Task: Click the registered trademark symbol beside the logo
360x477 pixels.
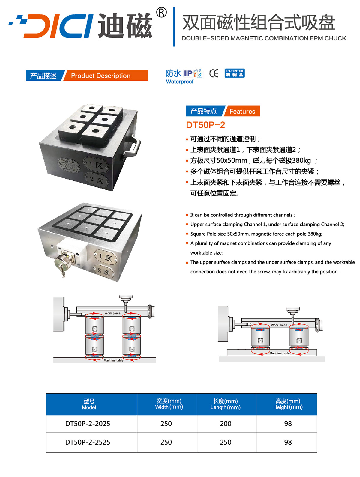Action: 161,13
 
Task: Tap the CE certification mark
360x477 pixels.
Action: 214,73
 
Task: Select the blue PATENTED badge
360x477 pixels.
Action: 235,73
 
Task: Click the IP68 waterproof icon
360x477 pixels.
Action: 193,73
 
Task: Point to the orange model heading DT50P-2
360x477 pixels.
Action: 205,125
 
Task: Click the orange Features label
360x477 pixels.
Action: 242,111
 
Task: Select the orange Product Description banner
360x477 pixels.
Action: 106,76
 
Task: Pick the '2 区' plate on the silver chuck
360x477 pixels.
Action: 104,271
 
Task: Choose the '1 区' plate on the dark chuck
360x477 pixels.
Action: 96,165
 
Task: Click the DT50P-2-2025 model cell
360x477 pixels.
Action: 88,424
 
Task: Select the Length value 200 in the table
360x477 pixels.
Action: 225,424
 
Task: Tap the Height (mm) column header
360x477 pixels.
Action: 288,404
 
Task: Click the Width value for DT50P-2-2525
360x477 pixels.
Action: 166,442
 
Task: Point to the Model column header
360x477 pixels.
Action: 89,404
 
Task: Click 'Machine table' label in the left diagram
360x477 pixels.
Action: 113,360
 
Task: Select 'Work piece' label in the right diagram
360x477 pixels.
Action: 279,325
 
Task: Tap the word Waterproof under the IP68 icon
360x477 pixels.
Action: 180,82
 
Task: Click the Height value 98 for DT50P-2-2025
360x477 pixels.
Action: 288,424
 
